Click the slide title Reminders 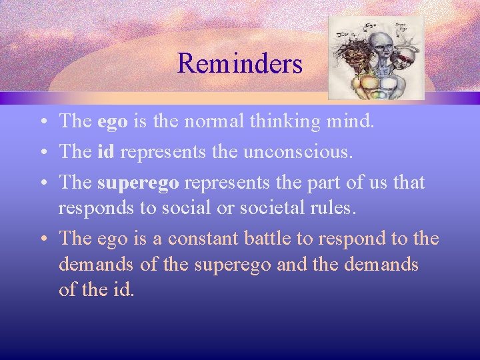tap(240, 64)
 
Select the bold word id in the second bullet tap(106, 152)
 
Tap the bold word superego tap(138, 181)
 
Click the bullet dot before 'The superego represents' tap(42, 182)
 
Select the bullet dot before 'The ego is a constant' tap(42, 239)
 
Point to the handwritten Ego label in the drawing tap(370, 25)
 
